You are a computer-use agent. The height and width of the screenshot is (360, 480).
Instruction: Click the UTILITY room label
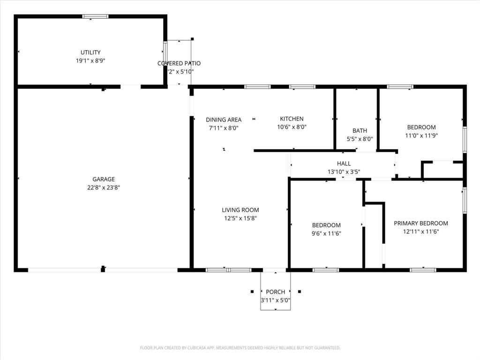coord(90,52)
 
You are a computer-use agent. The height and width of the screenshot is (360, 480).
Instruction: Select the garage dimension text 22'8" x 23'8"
coord(104,187)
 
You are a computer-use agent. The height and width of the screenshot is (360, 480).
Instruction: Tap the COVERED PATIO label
coord(179,63)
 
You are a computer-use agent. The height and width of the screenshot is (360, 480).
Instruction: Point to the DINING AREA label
coord(224,120)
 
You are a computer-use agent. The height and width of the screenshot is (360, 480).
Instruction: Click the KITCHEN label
coord(292,119)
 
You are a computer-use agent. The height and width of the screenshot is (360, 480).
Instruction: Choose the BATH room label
coord(360,131)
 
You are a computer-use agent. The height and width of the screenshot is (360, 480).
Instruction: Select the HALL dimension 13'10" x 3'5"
coord(344,172)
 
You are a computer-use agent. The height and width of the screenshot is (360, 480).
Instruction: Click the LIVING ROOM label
coord(240,210)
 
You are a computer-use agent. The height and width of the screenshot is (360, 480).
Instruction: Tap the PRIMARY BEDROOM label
coord(420,223)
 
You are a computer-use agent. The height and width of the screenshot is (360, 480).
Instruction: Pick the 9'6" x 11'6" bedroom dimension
coord(326,233)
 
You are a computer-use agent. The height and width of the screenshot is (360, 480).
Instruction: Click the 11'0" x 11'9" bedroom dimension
coord(421,135)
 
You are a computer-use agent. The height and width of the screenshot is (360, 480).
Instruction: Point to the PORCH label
coord(275,292)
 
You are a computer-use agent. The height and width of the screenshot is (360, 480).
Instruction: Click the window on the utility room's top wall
coord(96,16)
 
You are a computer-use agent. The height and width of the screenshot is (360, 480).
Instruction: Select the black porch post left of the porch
coord(252,292)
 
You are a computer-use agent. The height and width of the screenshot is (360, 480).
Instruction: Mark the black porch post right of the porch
coord(300,292)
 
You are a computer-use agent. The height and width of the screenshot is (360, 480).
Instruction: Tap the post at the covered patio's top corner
coord(192,39)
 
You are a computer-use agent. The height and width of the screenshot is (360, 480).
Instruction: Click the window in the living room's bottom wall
coord(229,270)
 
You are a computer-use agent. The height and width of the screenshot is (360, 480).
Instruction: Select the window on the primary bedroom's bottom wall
coord(423,270)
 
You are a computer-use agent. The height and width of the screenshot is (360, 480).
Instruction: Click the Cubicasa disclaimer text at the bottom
coord(240,348)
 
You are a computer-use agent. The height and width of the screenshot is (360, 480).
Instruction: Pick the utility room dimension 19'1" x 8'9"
coord(90,60)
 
